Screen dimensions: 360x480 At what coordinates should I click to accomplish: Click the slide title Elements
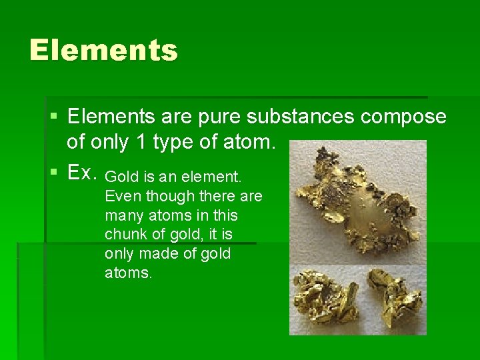(x=103, y=51)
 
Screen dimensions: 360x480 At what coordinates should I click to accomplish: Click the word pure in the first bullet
(x=218, y=117)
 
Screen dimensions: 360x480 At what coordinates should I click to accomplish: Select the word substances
(x=301, y=117)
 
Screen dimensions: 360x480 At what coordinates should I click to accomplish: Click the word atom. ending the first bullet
(x=254, y=143)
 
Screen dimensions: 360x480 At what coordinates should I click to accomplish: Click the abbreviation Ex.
(x=83, y=172)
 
